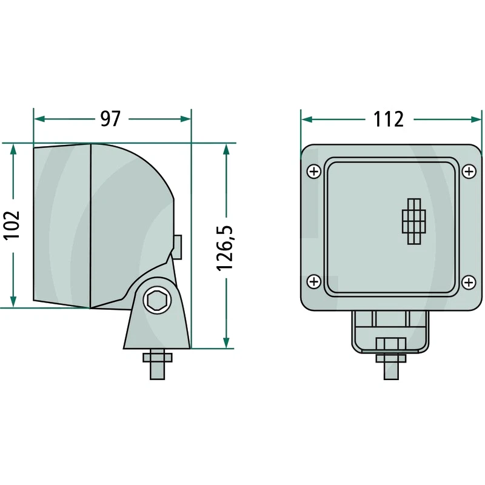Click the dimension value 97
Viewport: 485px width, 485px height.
point(110,119)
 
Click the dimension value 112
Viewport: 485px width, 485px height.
point(388,119)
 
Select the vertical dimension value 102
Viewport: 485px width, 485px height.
point(13,225)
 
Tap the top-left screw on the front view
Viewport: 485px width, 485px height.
point(313,172)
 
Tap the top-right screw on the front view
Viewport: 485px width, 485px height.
point(468,172)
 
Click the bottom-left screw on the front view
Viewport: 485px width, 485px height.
point(313,281)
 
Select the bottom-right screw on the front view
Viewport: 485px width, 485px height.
point(468,281)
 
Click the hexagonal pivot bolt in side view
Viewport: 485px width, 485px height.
point(158,300)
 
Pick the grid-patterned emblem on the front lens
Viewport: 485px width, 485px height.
point(415,221)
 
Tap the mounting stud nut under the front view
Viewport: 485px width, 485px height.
point(391,358)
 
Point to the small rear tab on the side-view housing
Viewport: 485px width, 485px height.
point(178,244)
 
